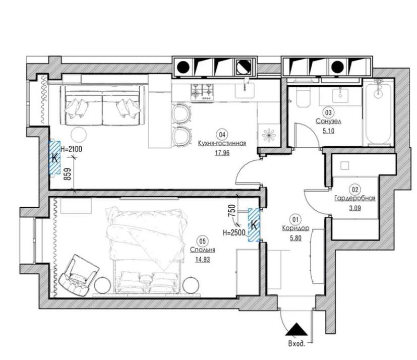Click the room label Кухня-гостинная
(x=222, y=144)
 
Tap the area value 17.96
(x=222, y=153)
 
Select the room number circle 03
(x=328, y=112)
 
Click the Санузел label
(x=328, y=122)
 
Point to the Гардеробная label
(x=355, y=198)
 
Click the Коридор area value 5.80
(x=295, y=238)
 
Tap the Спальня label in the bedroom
(x=203, y=250)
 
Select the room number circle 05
(x=202, y=241)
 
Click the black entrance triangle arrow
(x=297, y=329)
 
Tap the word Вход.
(x=296, y=344)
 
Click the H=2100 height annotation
(x=71, y=149)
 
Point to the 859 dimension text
(x=68, y=174)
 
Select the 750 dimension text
(x=232, y=211)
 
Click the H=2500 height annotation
(x=234, y=233)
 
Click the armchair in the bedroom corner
(x=79, y=275)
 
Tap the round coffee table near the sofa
(x=79, y=135)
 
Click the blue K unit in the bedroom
(x=254, y=225)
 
